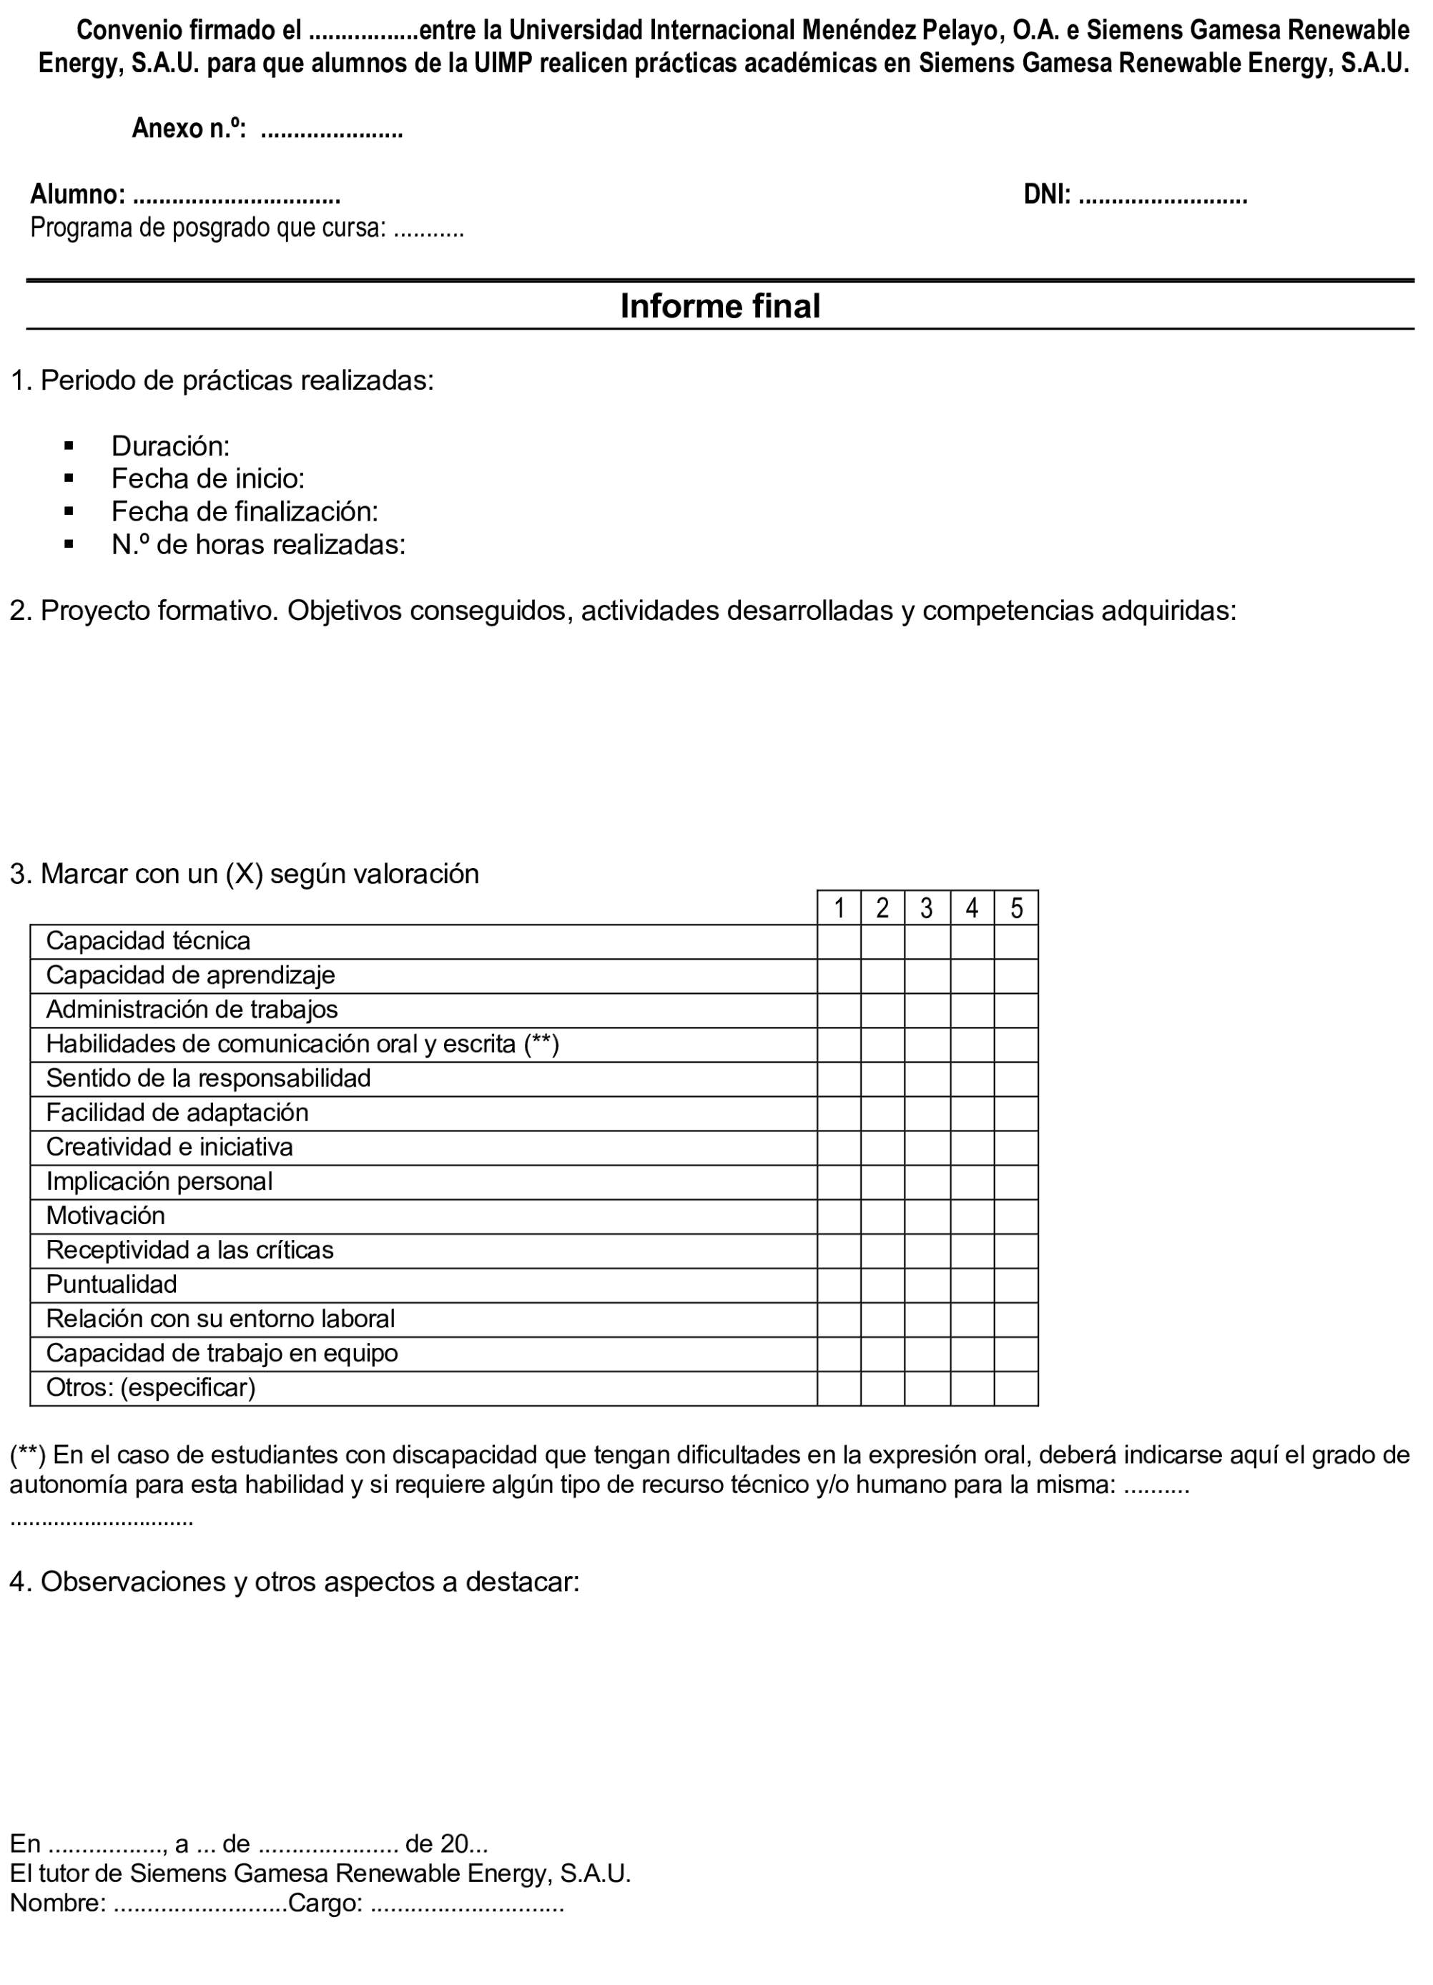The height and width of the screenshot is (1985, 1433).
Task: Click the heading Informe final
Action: (x=719, y=306)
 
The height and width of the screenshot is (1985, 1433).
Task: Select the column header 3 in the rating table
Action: (x=926, y=907)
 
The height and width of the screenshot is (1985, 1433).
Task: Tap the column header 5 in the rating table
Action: (x=1015, y=907)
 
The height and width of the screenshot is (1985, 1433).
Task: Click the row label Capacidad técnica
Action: (x=148, y=941)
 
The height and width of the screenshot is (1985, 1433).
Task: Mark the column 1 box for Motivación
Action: (x=839, y=1216)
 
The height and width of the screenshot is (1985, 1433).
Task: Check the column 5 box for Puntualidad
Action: (x=1015, y=1285)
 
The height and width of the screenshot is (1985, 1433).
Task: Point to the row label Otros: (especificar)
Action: (x=151, y=1388)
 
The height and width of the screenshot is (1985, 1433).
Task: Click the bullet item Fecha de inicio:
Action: (x=207, y=479)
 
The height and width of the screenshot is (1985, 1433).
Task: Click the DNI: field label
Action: (x=1047, y=194)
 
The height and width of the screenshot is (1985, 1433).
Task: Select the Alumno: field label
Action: (x=77, y=194)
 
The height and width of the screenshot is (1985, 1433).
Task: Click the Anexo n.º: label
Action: (x=188, y=129)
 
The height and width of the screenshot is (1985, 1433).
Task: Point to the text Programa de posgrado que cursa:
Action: (x=208, y=228)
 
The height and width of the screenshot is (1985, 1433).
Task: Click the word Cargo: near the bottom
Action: (x=325, y=1903)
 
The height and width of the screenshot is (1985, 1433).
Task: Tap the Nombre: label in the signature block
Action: (x=58, y=1903)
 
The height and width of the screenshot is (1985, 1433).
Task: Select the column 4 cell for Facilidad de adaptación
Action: (x=972, y=1113)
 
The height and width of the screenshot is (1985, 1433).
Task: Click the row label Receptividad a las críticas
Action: (x=190, y=1251)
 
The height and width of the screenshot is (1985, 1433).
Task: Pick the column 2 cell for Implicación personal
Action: (x=882, y=1181)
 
